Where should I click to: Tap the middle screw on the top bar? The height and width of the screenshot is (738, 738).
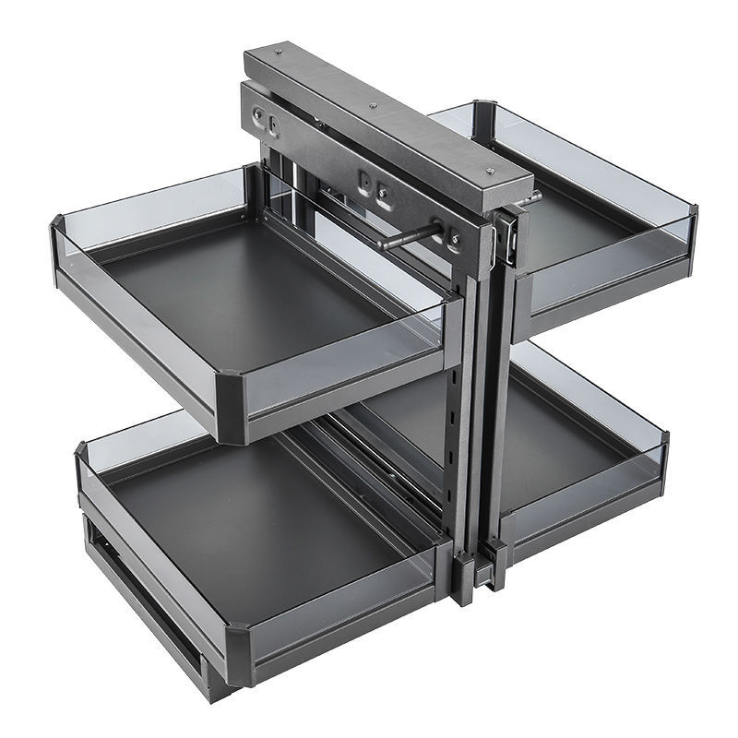[373, 106]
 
